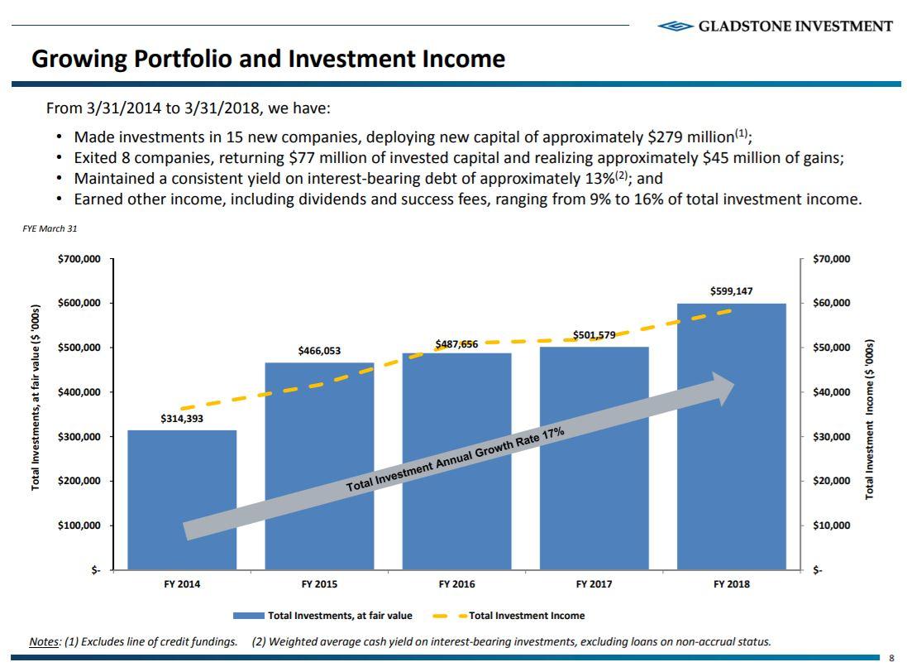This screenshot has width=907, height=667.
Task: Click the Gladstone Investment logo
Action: [x=775, y=26]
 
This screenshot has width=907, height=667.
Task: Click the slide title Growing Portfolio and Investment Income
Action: [x=268, y=59]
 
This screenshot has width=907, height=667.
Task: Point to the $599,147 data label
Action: [x=731, y=291]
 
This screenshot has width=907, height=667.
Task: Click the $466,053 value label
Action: [x=319, y=351]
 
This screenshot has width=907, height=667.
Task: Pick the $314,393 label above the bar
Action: [x=182, y=419]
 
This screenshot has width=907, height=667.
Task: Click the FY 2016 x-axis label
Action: [x=456, y=584]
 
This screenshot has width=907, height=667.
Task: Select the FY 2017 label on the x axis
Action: [x=594, y=584]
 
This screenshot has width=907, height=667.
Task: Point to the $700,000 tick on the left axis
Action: [x=79, y=259]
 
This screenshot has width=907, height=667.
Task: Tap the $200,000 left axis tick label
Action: [x=79, y=481]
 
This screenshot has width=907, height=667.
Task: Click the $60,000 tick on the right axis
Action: [x=831, y=303]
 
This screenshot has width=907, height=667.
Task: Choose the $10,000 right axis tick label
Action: [x=831, y=525]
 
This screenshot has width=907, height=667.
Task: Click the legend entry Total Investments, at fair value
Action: [x=339, y=616]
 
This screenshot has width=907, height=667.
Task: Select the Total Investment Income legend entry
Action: [x=527, y=616]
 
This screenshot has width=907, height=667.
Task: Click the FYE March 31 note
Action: [x=50, y=228]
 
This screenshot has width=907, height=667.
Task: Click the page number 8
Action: [x=891, y=659]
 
